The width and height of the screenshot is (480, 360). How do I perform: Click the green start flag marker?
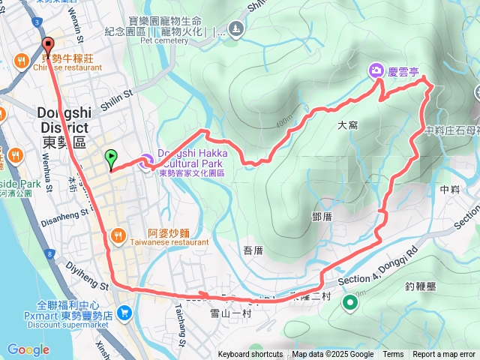coord(111,158)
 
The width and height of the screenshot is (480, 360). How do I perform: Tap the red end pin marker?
coord(48,44)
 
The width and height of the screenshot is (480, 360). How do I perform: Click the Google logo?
coord(28,349)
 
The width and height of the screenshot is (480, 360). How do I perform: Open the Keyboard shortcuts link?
coord(250,355)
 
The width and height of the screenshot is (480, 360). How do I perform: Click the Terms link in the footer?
coord(393,355)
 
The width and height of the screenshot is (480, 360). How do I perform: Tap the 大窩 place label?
coord(348,126)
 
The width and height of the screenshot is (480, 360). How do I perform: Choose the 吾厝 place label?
coord(253,250)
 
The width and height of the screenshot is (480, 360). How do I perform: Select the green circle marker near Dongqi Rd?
coord(349,303)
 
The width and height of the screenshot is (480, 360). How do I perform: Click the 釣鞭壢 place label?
coord(420,286)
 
